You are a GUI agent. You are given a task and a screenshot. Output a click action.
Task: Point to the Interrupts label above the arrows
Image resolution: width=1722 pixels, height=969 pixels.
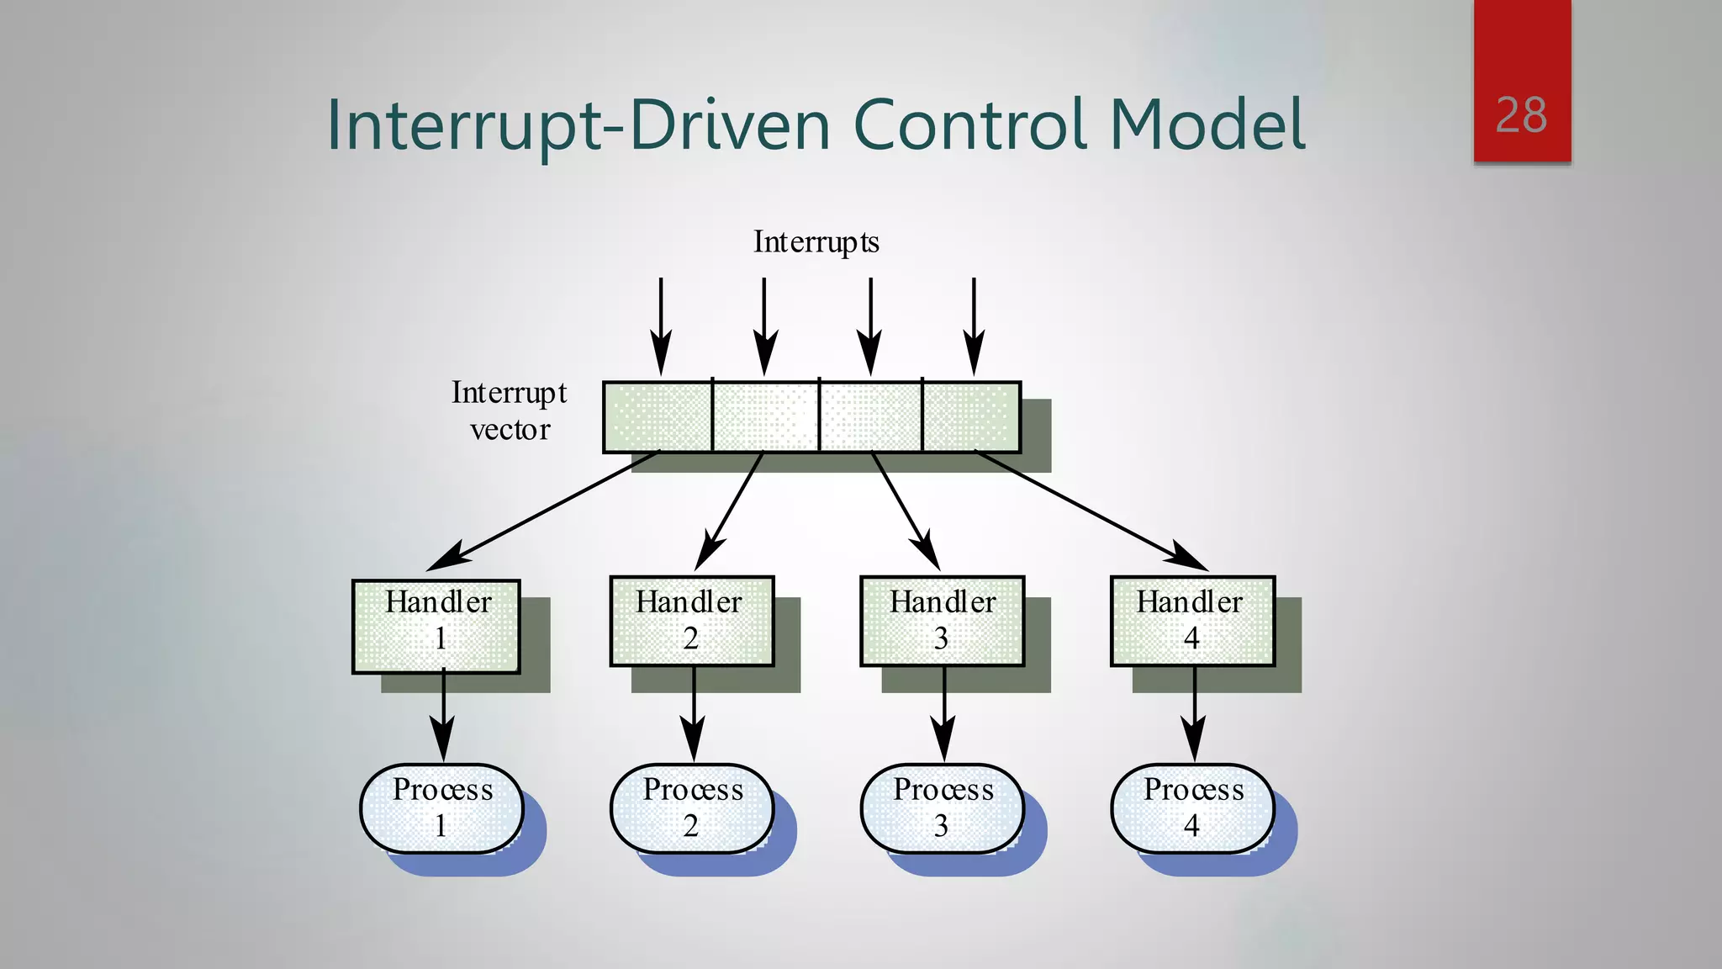click(816, 242)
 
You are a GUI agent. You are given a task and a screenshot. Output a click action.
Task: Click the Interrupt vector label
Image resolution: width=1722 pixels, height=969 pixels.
click(510, 410)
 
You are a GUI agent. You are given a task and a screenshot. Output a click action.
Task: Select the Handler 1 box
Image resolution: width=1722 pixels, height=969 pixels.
click(436, 626)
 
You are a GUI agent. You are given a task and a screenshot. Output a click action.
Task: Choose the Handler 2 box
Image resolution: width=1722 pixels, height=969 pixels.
click(691, 621)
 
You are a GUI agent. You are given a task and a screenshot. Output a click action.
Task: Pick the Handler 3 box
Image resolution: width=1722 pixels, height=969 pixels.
click(942, 621)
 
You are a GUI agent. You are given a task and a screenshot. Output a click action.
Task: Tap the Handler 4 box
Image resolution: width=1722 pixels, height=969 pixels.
click(1192, 621)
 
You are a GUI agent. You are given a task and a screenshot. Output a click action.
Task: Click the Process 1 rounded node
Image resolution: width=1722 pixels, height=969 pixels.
click(441, 808)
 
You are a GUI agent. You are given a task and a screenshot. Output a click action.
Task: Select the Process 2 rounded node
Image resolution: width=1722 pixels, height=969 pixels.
click(691, 808)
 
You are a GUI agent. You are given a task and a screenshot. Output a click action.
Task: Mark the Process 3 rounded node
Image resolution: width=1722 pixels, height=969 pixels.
click(942, 808)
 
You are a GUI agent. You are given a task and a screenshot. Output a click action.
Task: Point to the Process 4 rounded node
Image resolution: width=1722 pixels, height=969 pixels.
click(1192, 808)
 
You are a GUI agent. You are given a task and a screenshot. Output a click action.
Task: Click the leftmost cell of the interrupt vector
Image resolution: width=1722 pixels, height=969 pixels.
click(658, 417)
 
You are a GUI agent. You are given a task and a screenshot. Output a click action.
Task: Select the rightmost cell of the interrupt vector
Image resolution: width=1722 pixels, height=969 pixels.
click(971, 417)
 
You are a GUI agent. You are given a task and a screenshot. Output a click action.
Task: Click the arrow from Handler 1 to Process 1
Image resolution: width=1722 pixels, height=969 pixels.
click(443, 715)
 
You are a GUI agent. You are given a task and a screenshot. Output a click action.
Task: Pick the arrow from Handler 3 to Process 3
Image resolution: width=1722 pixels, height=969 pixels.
click(943, 715)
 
